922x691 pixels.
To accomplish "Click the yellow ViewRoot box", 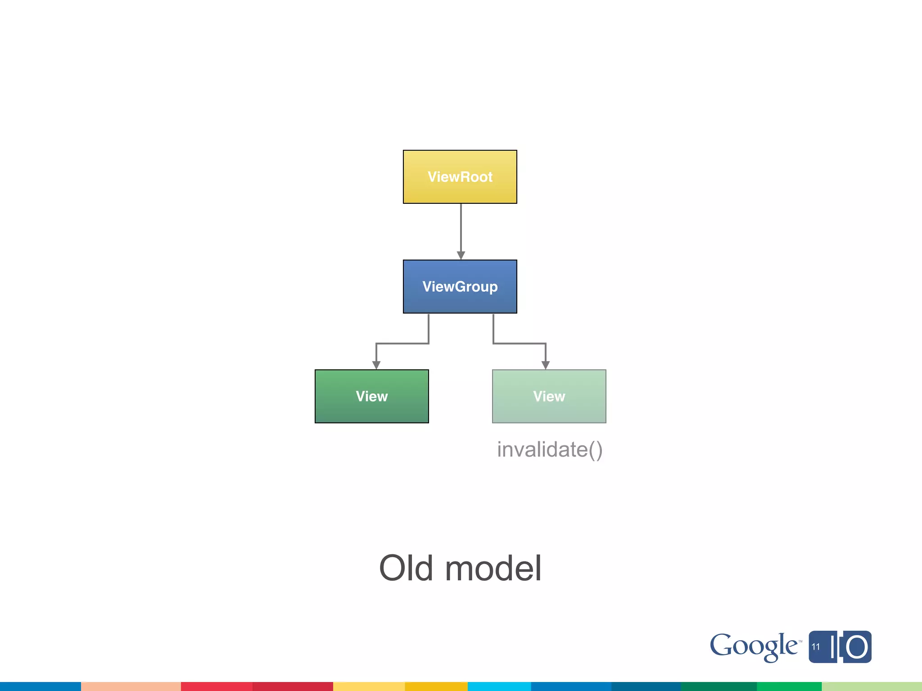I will point(460,177).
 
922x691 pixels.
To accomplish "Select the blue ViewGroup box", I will point(460,287).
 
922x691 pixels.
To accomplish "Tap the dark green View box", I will point(371,396).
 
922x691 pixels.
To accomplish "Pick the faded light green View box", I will point(549,396).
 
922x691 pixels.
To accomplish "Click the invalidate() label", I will point(549,449).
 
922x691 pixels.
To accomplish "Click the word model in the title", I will point(493,568).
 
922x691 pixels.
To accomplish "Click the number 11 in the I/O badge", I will point(816,647).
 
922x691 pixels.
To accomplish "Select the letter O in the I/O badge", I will point(856,647).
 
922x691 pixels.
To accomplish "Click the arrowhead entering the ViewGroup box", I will point(461,255).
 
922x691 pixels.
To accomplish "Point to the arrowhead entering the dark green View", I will point(376,365).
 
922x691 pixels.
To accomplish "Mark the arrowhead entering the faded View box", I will point(546,365).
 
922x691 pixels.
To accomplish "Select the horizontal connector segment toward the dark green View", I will point(402,344).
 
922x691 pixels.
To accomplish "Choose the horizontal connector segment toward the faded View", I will point(520,344).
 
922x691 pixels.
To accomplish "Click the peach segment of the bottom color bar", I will point(131,687).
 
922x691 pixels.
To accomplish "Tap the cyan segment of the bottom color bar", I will point(499,687).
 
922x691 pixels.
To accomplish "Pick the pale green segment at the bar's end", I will point(872,687).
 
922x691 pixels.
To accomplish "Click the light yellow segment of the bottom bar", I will point(369,687).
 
